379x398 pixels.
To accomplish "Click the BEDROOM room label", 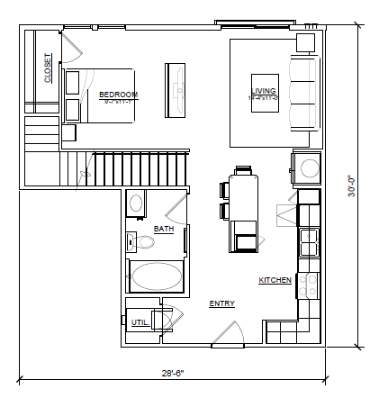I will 118,95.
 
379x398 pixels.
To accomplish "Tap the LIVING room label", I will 264,91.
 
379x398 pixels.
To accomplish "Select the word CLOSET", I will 48,68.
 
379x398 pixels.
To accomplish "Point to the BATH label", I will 164,229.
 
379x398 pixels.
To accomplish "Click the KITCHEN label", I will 275,281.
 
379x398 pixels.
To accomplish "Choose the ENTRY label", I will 222,303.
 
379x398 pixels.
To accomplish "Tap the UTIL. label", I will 140,321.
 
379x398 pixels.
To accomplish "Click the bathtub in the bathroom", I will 157,276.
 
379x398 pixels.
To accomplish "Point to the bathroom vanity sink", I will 137,203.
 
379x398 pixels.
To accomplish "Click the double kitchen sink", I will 308,242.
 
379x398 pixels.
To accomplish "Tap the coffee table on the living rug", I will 266,92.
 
